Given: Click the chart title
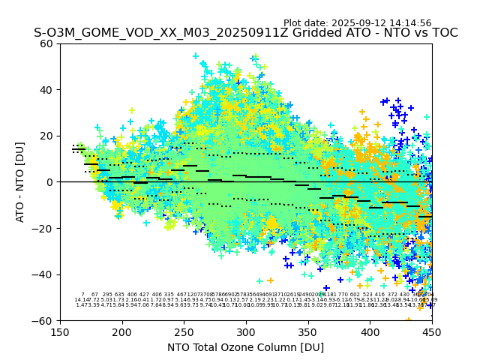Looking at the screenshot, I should (245, 34).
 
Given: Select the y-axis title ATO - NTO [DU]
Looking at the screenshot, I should (21, 182).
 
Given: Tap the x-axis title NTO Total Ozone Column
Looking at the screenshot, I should (245, 347).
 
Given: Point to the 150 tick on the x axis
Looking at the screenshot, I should (60, 331).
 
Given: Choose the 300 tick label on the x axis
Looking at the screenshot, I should (246, 331).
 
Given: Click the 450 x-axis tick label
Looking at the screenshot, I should (431, 331).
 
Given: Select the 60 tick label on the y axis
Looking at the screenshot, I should (47, 43).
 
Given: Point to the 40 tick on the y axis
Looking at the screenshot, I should (47, 90).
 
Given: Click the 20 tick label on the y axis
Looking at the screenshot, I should (47, 136).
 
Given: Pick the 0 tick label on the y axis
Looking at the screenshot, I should (50, 182).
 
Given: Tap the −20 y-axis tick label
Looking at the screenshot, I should (44, 228).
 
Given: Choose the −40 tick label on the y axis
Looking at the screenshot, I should (44, 274).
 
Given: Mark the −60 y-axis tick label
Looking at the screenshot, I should (44, 320).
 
